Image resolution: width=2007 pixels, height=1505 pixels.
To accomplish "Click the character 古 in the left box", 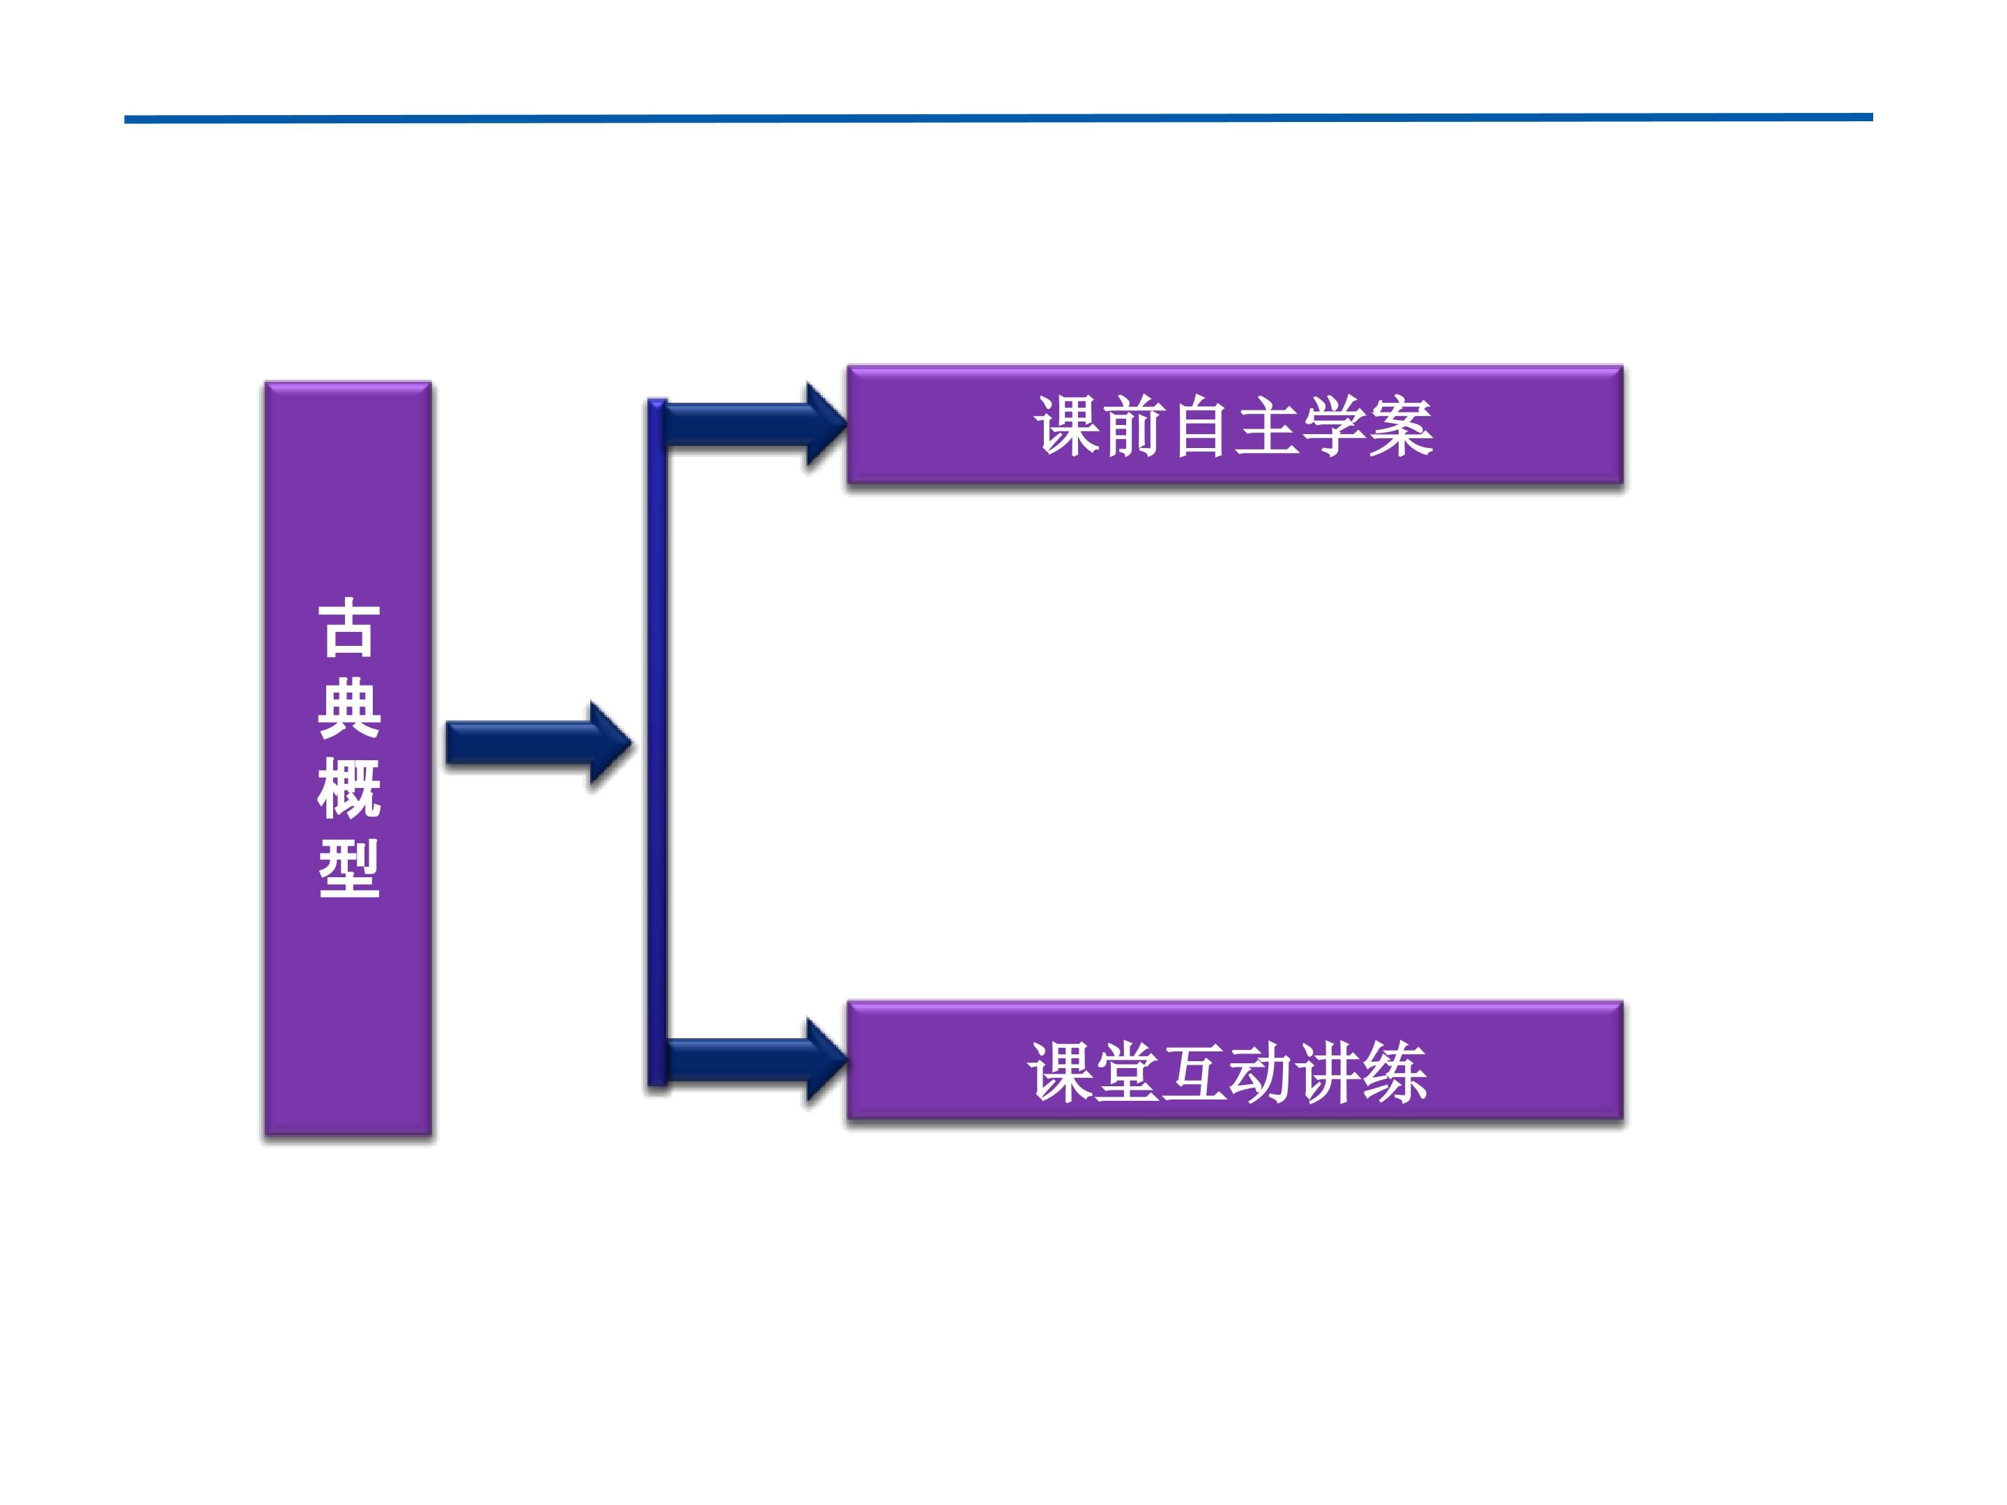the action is coord(348,627).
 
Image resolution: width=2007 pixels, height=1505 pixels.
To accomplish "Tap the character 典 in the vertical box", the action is coord(348,708).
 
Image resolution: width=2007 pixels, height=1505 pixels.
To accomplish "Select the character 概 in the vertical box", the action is coord(348,788).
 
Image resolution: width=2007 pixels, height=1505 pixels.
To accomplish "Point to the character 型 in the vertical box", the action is coord(348,868).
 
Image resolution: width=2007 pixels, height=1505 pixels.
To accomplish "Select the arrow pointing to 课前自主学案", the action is coord(755,424).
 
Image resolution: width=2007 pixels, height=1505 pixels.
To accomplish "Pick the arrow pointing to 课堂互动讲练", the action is coord(755,1060).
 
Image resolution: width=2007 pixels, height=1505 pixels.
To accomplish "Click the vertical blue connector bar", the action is coord(657,742).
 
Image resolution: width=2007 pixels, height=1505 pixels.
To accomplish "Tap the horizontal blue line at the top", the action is coord(998,118).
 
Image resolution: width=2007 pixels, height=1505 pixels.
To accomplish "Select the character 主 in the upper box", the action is coord(1268,426).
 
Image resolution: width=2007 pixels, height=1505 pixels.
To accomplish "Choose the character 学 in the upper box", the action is coord(1334,426).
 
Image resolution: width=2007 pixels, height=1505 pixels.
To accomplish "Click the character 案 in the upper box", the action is coord(1401,426).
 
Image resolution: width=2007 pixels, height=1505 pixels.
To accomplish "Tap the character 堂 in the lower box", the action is coord(1128,1072).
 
